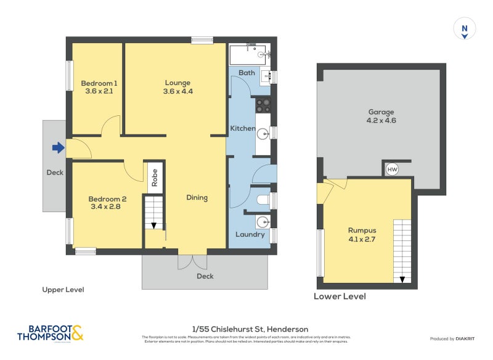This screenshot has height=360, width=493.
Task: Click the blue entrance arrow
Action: coord(58,148)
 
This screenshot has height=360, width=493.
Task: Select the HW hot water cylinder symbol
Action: coord(392,170)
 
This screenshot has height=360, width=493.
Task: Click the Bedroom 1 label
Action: coord(99,83)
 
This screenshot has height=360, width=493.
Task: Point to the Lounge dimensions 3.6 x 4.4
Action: coord(177,91)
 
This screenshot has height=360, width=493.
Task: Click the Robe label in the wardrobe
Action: coord(155,177)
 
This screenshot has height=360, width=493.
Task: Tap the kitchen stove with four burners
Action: coord(264,105)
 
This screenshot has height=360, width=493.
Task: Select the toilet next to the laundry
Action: coord(262,200)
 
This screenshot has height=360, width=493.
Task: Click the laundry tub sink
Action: coord(263,222)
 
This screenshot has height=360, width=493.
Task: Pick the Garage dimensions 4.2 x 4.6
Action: coord(381,121)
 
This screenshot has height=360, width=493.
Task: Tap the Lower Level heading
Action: coord(340,297)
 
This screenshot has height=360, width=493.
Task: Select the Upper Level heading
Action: coord(63,289)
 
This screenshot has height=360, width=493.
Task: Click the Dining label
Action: coord(197,198)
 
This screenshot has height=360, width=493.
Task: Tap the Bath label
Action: coord(246,73)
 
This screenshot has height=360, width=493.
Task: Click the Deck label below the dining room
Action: coord(205,276)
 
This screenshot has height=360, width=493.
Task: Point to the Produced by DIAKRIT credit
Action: coord(455,339)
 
